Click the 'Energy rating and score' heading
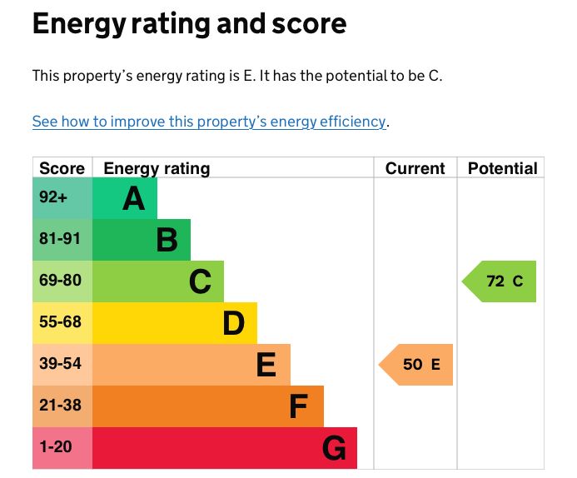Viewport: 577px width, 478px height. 189,24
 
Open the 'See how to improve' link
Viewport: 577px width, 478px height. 209,122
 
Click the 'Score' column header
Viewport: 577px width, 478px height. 62,168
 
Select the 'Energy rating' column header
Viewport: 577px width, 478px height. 157,168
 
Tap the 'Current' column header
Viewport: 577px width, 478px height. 415,168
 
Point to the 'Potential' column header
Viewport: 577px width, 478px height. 502,168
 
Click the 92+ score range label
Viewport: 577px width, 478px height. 52,197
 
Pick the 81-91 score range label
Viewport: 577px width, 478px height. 60,239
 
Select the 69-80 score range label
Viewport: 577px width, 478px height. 60,281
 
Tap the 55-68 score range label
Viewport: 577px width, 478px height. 60,322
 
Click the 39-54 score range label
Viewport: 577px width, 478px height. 60,364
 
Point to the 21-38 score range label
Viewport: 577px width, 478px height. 60,406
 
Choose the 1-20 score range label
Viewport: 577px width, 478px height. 56,447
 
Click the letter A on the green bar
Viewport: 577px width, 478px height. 133,199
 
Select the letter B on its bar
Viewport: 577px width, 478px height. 167,241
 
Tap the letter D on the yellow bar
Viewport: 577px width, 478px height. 233,324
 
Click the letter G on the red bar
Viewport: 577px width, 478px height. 333,450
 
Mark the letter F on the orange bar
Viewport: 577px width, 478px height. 298,407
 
